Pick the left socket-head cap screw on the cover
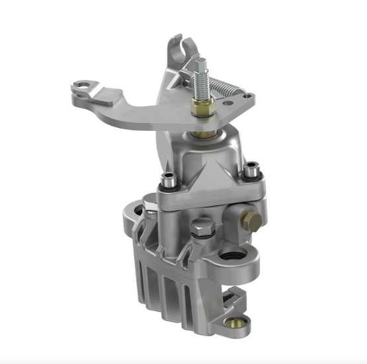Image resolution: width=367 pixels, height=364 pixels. click(x=169, y=176)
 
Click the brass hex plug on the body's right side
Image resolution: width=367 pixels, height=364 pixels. click(x=250, y=219)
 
